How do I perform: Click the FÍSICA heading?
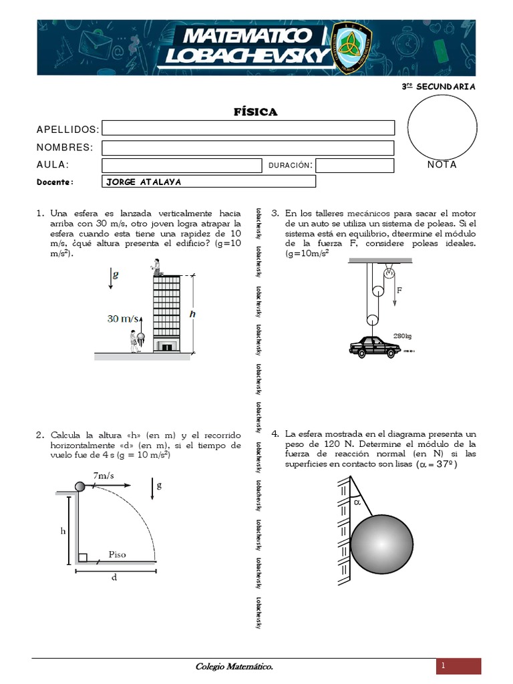point(256,112)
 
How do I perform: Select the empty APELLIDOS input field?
point(248,128)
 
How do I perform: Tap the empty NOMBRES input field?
point(248,148)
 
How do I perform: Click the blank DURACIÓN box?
point(354,165)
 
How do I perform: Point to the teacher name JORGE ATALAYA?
point(143,182)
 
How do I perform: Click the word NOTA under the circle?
point(442,164)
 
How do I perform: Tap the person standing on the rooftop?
point(157,267)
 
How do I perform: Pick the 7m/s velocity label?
point(105,475)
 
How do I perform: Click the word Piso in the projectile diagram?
point(118,554)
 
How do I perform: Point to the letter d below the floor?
point(114,578)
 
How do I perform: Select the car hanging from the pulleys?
point(375,346)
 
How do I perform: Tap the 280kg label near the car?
point(403,335)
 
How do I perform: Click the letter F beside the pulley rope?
point(399,291)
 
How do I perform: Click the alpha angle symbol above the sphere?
point(357,503)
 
